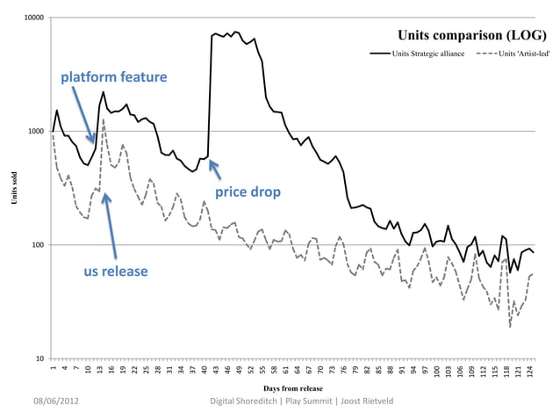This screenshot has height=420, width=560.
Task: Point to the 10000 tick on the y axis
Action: click(x=33, y=18)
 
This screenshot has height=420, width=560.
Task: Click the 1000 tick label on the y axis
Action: click(x=35, y=132)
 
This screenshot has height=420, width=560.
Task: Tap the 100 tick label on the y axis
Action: click(x=37, y=245)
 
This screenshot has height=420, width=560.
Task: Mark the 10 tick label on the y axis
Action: click(x=39, y=358)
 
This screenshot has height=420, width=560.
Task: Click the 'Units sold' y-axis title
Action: click(x=12, y=188)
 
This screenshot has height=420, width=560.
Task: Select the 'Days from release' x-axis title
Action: click(x=292, y=387)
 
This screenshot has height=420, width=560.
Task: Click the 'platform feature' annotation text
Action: click(x=113, y=77)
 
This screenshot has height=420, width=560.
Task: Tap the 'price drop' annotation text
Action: click(x=248, y=192)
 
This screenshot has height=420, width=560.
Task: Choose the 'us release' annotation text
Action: click(x=115, y=272)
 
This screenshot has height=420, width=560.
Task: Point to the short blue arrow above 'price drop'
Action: click(x=212, y=169)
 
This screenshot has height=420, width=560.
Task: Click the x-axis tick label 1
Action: click(x=54, y=369)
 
